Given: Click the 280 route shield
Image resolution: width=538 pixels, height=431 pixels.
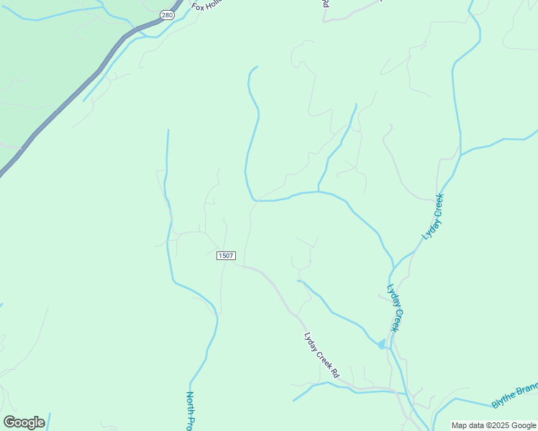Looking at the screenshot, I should (x=167, y=14).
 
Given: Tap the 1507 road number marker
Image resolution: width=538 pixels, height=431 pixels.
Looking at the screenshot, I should (x=226, y=256).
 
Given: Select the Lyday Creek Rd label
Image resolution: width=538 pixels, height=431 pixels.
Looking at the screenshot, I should (x=321, y=355).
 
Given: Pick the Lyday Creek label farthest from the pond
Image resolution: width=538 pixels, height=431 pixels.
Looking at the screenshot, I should (x=434, y=216).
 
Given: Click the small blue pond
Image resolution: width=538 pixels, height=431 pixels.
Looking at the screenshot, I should (x=381, y=344).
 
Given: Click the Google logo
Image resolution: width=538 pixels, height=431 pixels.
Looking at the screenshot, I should (x=24, y=422).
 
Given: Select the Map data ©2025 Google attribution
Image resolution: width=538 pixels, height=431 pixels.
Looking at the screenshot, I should (x=494, y=425).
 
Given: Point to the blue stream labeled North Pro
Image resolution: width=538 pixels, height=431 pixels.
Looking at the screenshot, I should (x=209, y=352).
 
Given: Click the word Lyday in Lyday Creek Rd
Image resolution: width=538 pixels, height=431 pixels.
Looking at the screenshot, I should (x=309, y=338).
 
